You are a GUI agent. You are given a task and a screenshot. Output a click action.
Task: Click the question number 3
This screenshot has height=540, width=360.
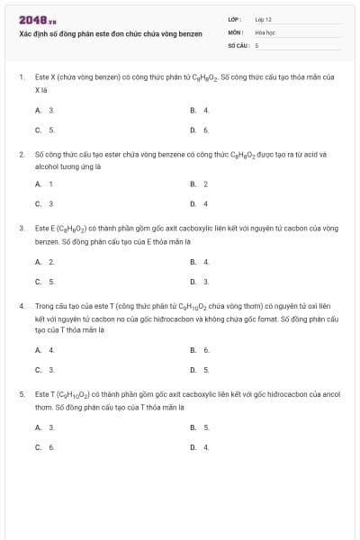click(x=21, y=229)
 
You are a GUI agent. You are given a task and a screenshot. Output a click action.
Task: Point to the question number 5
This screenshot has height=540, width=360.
click(x=21, y=394)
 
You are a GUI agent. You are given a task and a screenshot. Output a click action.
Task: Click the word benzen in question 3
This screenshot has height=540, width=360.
click(x=46, y=242)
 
